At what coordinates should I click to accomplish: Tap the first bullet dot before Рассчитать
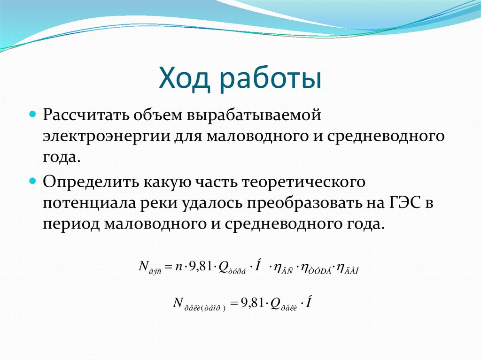click(x=33, y=114)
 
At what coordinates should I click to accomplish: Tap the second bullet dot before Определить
click(x=33, y=180)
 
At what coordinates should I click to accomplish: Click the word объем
click(x=154, y=115)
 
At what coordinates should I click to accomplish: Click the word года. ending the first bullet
click(x=61, y=158)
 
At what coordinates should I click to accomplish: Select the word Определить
click(x=85, y=182)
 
